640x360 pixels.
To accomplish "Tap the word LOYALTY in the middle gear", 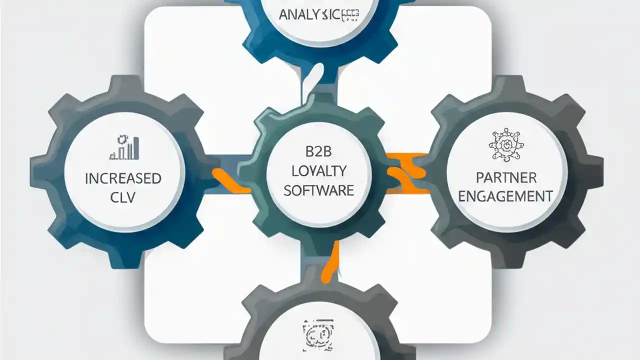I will tap(318, 171).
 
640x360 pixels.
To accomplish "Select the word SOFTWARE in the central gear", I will tap(318, 190).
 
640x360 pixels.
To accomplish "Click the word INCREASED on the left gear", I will tap(123, 178).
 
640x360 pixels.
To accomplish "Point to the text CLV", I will tap(123, 197).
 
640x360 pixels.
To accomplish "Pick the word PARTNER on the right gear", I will tap(506, 177).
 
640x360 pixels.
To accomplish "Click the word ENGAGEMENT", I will tap(506, 196).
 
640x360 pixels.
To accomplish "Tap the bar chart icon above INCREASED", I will tap(124, 147).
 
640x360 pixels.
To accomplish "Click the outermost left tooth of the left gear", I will tap(37, 172).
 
